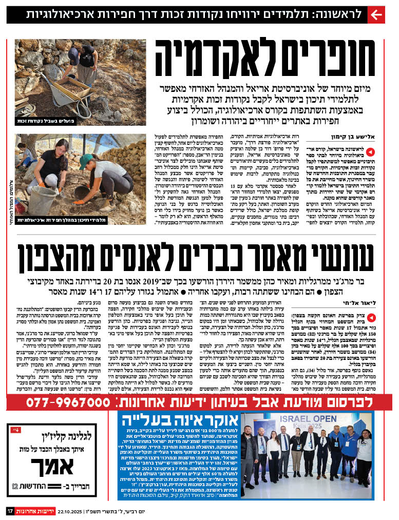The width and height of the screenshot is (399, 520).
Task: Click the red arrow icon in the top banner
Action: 376,14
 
